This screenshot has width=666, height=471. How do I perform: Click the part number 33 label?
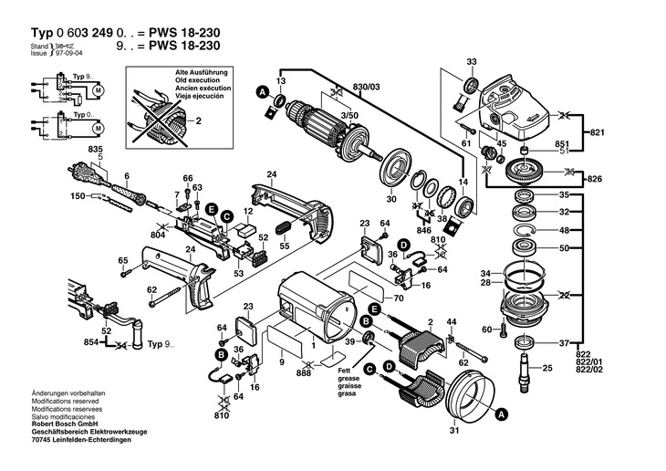(x=472, y=61)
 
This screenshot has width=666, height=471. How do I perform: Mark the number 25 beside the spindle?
(x=547, y=368)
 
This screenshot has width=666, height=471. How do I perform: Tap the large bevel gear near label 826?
(x=523, y=171)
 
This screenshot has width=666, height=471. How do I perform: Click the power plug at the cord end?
(x=75, y=171)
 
